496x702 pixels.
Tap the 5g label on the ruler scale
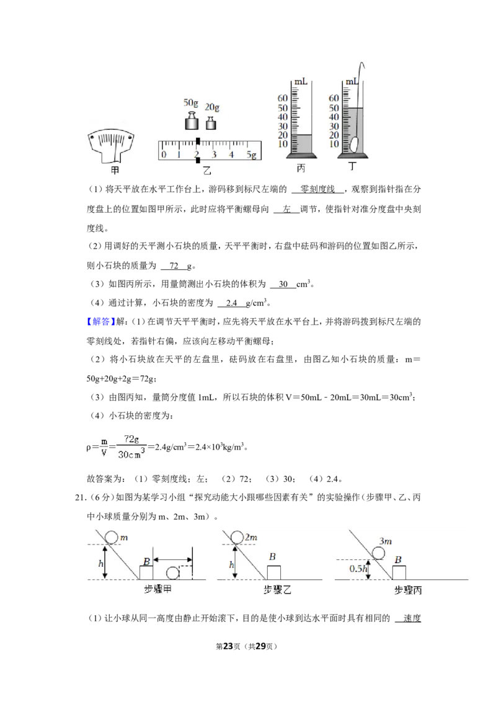[x=252, y=154]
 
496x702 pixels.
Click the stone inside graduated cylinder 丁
[x=354, y=144]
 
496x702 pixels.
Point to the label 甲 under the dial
[x=115, y=171]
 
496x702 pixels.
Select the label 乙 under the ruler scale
[x=207, y=170]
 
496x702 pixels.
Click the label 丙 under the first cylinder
[x=301, y=168]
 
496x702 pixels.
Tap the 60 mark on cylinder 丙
[x=283, y=98]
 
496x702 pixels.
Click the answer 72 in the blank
[x=174, y=265]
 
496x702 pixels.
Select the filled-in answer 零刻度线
[x=317, y=189]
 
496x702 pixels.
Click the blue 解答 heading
[x=101, y=321]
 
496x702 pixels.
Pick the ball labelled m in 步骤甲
[x=112, y=537]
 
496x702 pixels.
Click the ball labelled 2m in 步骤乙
[x=237, y=537]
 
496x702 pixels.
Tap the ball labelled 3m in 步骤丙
[x=378, y=553]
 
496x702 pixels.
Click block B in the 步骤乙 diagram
[x=274, y=572]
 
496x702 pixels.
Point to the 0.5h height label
[x=358, y=569]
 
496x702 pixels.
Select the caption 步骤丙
[x=408, y=590]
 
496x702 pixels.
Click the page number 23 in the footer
[x=228, y=646]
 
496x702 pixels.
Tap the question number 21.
[x=80, y=497]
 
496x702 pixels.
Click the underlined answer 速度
[x=412, y=618]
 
